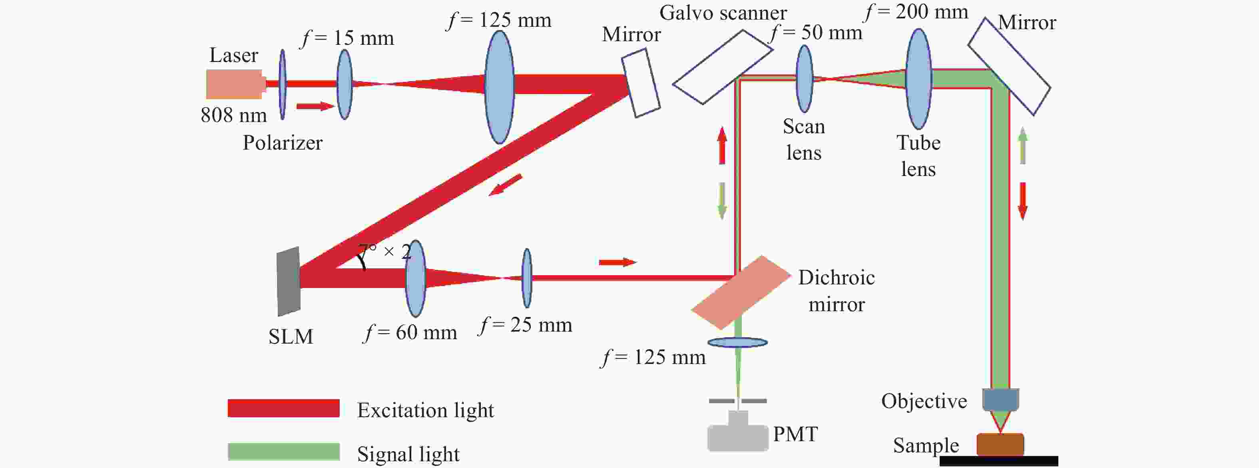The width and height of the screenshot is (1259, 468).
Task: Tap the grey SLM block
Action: pos(288,281)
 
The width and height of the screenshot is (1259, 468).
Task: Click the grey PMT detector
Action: pos(737,436)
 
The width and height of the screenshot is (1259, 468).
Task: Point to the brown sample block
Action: pos(1000,444)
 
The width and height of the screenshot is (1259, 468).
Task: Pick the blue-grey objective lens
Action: pos(1000,400)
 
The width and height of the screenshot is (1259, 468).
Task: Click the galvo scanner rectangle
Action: pos(722,67)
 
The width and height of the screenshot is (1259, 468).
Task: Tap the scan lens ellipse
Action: pos(805,79)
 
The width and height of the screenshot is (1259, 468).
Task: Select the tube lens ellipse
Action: pos(918,79)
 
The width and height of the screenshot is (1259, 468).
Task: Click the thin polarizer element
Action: pos(283,84)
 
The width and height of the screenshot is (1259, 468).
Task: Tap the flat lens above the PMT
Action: pos(737,342)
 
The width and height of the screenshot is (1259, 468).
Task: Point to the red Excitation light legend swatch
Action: pos(283,408)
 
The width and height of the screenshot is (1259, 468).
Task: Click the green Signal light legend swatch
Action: pos(283,451)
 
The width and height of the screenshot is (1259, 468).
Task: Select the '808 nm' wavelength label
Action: pos(234,116)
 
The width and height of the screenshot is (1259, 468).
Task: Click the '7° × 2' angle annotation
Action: pos(384,252)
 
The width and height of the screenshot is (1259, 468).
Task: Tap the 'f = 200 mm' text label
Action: pos(916,12)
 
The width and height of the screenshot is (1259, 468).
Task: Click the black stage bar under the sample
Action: pos(998,461)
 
